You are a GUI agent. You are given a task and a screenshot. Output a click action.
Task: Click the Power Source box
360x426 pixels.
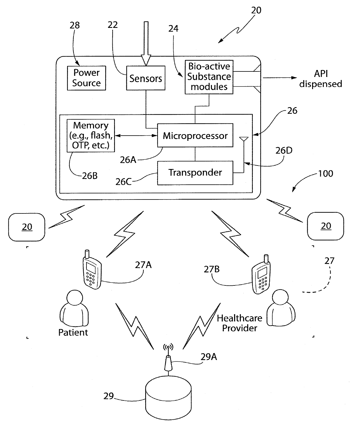click(x=87, y=78)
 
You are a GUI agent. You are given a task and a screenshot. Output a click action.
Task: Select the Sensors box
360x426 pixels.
click(x=146, y=78)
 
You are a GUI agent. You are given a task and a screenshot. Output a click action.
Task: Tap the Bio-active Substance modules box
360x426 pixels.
click(x=209, y=77)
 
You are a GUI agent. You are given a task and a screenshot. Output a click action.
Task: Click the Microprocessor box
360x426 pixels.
click(x=195, y=135)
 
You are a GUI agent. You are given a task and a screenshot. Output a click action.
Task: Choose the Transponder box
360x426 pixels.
click(x=195, y=173)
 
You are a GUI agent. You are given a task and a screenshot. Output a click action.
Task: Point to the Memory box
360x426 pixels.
click(x=91, y=136)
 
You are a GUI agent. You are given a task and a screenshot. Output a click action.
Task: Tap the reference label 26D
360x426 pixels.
click(x=284, y=151)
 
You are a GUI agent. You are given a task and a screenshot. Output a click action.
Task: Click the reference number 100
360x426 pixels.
click(x=325, y=174)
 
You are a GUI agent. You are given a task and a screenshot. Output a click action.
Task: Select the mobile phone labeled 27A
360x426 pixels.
click(x=92, y=269)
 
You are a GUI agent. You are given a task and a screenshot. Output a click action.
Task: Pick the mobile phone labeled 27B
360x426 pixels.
click(x=261, y=274)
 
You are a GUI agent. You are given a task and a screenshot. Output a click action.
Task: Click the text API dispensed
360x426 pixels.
click(x=321, y=79)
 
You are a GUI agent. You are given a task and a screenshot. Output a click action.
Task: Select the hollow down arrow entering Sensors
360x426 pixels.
click(x=146, y=44)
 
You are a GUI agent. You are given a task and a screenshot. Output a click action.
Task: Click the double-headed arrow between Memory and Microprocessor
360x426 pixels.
click(x=136, y=135)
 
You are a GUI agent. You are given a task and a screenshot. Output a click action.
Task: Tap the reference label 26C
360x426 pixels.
click(x=123, y=182)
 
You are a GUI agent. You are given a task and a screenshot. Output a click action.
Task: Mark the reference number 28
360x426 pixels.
click(x=74, y=25)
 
